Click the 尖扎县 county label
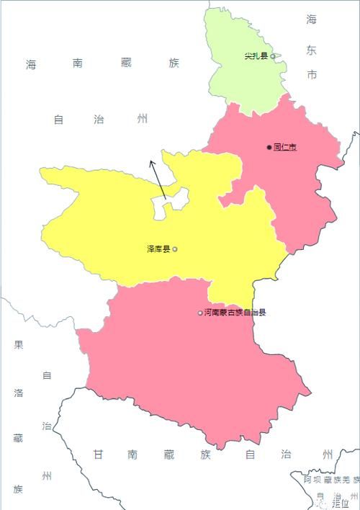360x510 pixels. click(256, 56)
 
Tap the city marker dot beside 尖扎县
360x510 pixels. click(272, 56)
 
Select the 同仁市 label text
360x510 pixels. click(285, 147)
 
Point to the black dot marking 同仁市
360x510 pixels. click(269, 147)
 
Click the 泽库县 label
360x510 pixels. click(158, 249)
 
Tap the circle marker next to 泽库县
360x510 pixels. click(175, 249)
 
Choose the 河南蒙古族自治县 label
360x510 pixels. click(235, 313)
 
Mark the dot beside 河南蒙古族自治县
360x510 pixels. click(200, 313)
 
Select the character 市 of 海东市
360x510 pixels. click(311, 75)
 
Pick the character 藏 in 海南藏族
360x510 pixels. click(126, 64)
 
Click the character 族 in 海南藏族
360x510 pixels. click(174, 64)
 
